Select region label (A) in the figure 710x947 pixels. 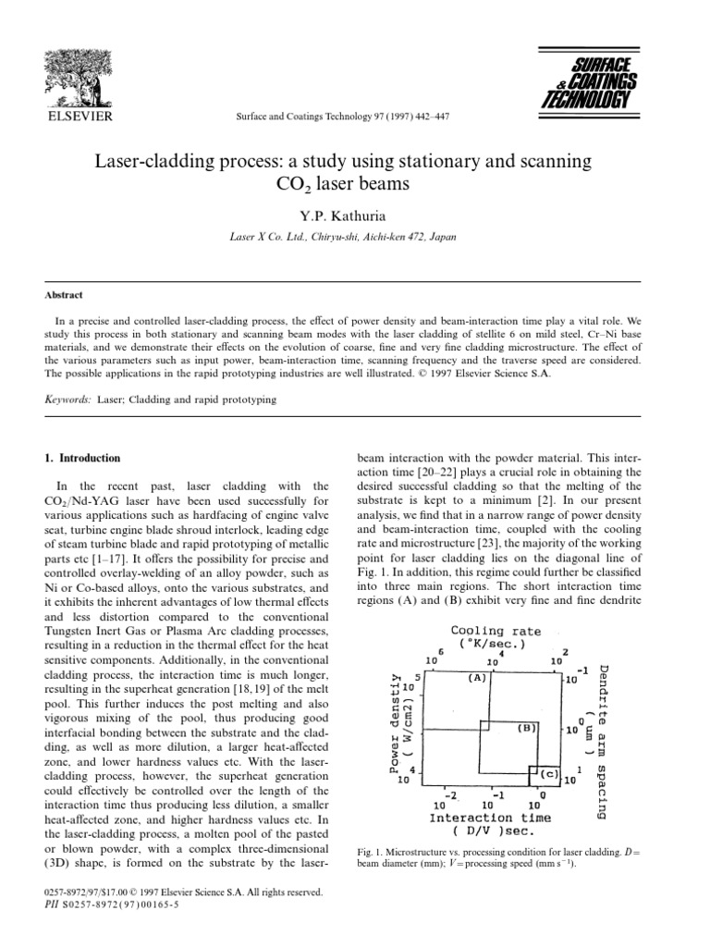[477, 678]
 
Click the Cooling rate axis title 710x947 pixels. [496, 637]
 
